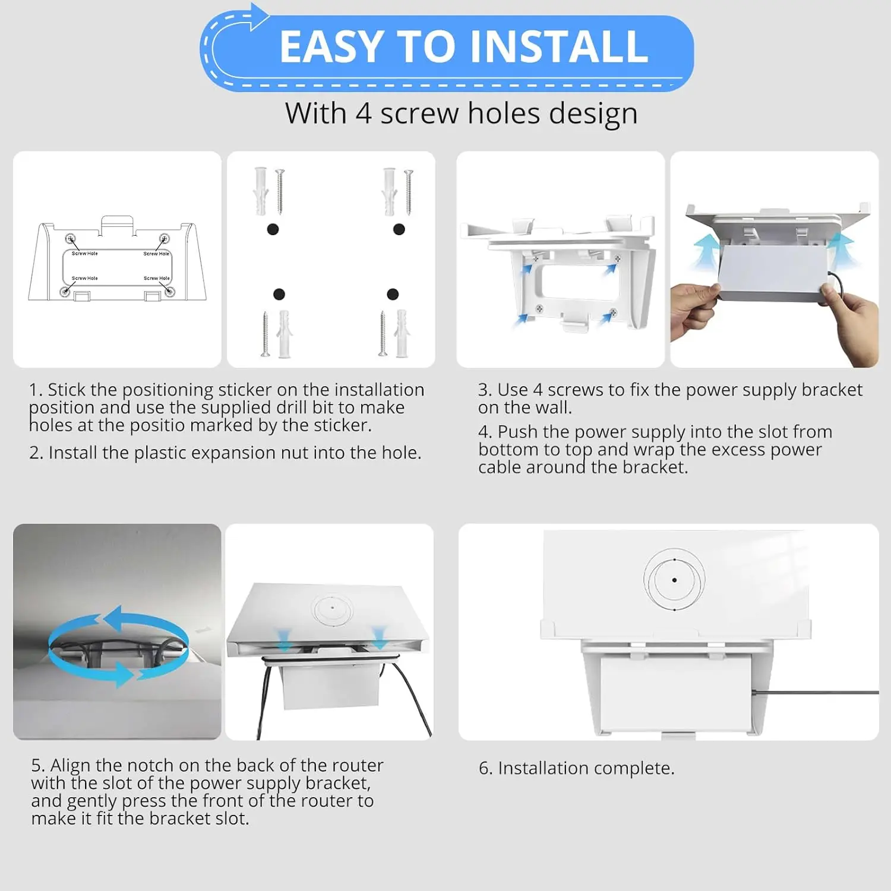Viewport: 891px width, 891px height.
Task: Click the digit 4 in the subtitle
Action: point(364,113)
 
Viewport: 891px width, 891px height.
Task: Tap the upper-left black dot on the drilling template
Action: point(273,229)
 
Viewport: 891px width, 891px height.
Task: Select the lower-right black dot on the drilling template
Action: point(393,294)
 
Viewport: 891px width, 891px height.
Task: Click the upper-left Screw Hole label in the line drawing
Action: point(84,254)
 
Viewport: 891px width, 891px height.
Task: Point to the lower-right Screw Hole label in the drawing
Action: point(157,278)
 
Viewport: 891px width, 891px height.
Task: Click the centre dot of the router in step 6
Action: point(674,580)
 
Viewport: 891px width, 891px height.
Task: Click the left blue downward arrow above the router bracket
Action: point(283,639)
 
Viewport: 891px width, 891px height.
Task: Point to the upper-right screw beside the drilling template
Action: point(409,192)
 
